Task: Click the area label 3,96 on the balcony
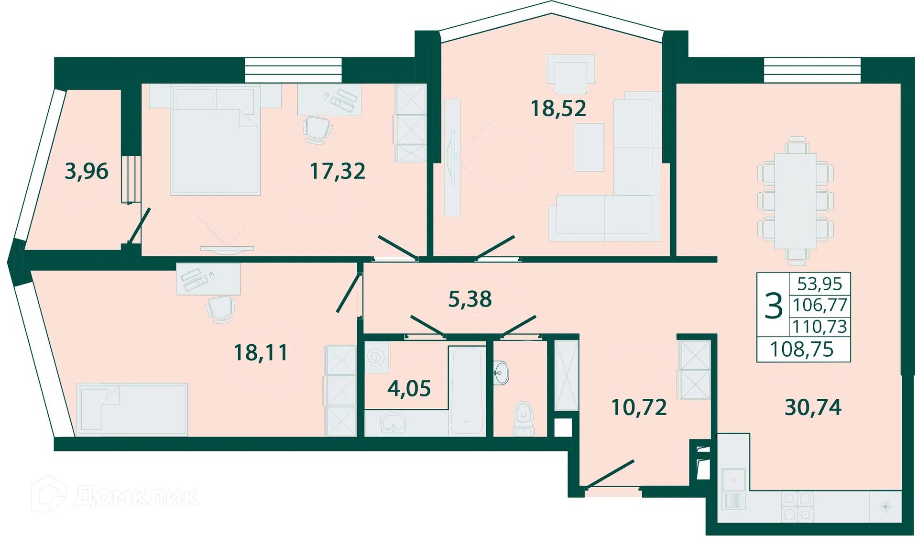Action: point(87,171)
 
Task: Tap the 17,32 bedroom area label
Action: point(338,171)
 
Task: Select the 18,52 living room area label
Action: point(558,109)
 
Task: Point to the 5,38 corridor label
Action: point(470,299)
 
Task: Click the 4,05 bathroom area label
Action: point(409,388)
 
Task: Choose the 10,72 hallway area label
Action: point(639,407)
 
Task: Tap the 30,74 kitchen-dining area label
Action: point(813,407)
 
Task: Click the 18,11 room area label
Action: point(261,353)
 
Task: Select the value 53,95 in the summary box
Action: point(820,284)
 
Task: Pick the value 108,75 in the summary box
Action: point(802,350)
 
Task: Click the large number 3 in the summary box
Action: point(773,306)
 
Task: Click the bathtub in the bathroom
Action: point(467,390)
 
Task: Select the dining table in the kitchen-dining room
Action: point(795,201)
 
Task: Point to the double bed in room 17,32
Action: point(215,143)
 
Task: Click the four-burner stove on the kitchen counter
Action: point(797,506)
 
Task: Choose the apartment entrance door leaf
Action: point(610,474)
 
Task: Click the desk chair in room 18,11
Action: point(220,308)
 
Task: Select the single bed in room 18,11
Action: point(132,409)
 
